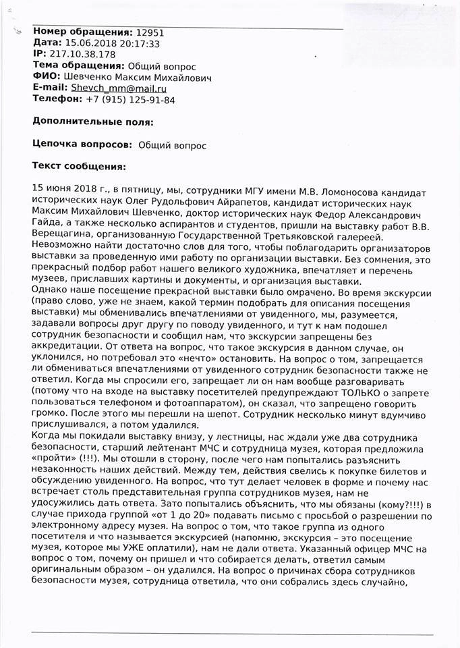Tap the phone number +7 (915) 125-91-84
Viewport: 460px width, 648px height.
tap(130, 100)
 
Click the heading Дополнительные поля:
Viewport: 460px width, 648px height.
tap(93, 122)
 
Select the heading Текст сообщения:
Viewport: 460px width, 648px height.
tap(79, 165)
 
